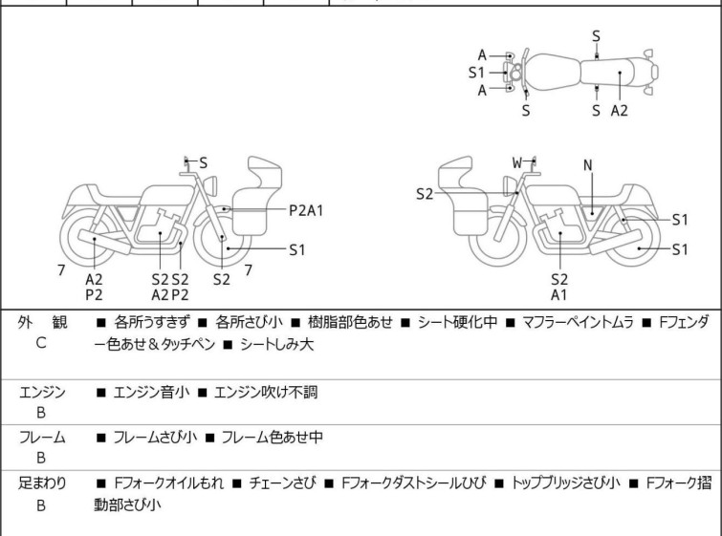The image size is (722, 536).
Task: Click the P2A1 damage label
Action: [306, 209]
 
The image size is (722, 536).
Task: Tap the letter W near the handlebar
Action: [517, 162]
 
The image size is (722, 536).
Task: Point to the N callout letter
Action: [587, 165]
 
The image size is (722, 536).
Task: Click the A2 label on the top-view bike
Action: [620, 110]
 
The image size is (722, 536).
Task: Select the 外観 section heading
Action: [41, 322]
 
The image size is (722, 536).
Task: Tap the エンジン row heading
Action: [42, 392]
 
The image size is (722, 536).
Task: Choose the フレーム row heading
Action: [42, 438]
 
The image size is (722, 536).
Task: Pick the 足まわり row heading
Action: [42, 483]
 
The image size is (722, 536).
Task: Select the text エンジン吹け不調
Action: [265, 392]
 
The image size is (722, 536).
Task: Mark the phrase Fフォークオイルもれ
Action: [168, 483]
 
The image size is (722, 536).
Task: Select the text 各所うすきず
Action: [152, 322]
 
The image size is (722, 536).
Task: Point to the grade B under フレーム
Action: [41, 459]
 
